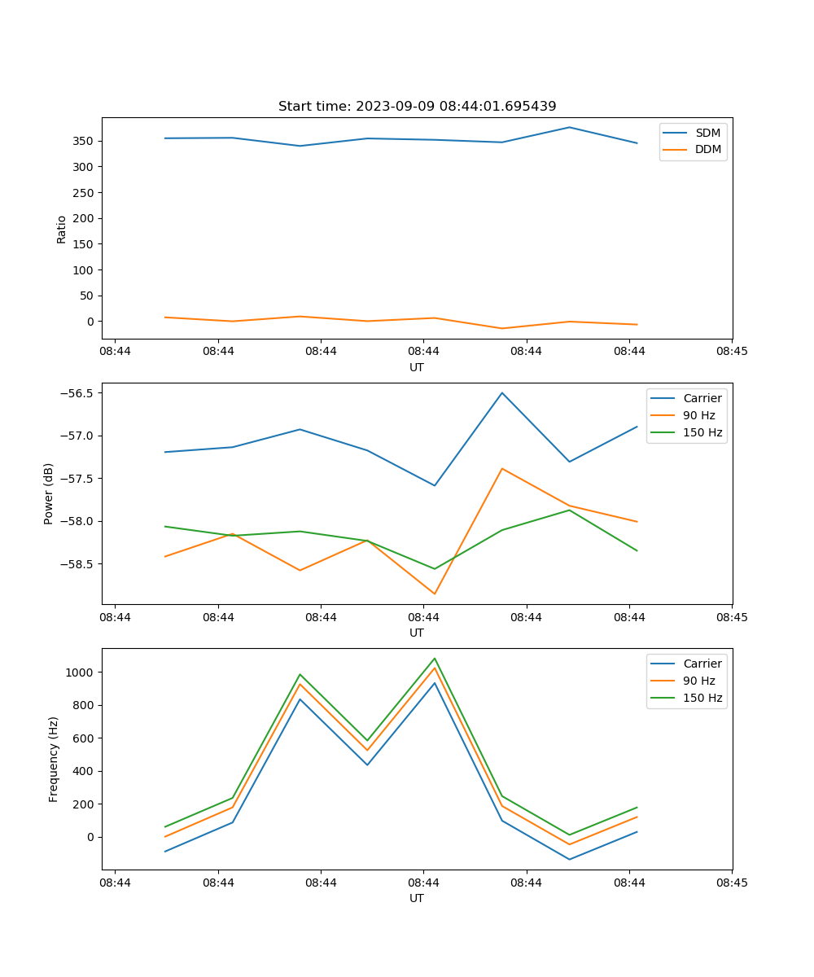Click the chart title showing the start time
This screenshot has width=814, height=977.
click(x=417, y=107)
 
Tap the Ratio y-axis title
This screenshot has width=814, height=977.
click(x=62, y=229)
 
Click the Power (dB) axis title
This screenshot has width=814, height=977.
click(x=49, y=493)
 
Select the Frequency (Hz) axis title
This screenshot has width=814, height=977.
click(x=54, y=759)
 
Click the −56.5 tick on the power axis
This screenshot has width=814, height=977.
click(x=79, y=393)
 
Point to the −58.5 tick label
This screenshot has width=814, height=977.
click(x=79, y=564)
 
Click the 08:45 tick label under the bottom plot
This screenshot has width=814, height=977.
click(x=732, y=882)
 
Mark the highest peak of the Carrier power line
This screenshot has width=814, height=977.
click(x=502, y=393)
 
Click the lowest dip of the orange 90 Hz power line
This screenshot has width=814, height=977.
click(x=435, y=594)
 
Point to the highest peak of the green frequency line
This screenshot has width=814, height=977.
click(x=435, y=659)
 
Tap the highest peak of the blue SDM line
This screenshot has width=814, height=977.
click(x=569, y=127)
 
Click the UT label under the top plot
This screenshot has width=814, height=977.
click(x=417, y=367)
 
